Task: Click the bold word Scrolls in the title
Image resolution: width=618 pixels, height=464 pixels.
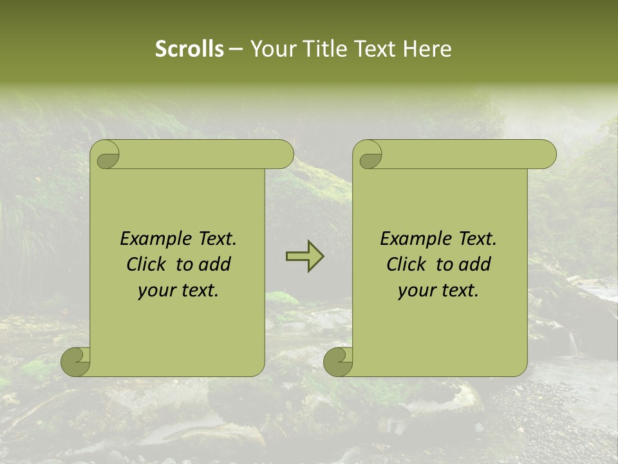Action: (190, 49)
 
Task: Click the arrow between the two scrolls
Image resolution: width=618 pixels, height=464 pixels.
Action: (304, 256)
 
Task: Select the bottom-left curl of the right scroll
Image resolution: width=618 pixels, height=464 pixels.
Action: (339, 362)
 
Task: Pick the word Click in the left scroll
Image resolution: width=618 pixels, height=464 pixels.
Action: (147, 264)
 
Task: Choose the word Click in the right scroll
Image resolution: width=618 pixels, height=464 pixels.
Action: (407, 264)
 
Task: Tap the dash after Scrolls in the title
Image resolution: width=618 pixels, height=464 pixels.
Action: (236, 49)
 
